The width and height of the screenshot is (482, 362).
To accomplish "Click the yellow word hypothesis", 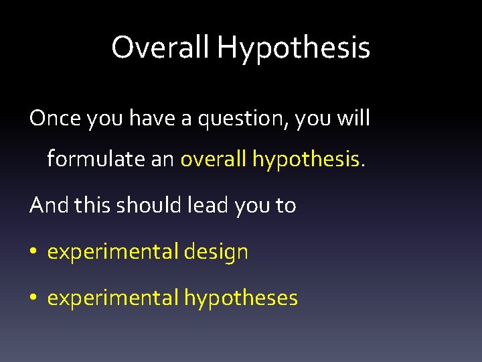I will [306, 160].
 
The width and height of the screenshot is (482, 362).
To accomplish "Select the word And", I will [49, 205].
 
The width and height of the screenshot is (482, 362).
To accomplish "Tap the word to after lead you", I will [284, 206].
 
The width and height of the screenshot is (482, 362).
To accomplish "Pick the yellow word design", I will [216, 253].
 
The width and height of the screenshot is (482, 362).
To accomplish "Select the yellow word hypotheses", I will [241, 298].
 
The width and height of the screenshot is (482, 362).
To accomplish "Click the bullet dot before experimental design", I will [33, 253].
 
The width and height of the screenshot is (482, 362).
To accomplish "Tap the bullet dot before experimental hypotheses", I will [33, 298].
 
